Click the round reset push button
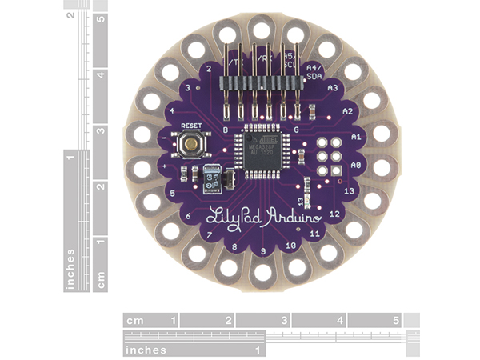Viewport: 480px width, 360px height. pyautogui.click(x=191, y=145)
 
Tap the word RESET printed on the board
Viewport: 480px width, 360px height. pyautogui.click(x=191, y=126)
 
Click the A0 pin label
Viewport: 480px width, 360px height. pyautogui.click(x=357, y=163)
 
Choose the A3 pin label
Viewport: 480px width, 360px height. pyautogui.click(x=334, y=86)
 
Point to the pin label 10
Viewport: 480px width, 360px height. pyautogui.click(x=291, y=245)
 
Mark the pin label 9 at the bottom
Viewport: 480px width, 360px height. pyautogui.click(x=262, y=251)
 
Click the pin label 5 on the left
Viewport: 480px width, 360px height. pyautogui.click(x=174, y=194)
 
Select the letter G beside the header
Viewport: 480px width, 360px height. pyautogui.click(x=297, y=128)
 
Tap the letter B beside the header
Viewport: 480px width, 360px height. pyautogui.click(x=226, y=128)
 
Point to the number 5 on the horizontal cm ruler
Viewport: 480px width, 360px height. pyautogui.click(x=395, y=321)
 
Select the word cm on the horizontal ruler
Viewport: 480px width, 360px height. pyautogui.click(x=134, y=321)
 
